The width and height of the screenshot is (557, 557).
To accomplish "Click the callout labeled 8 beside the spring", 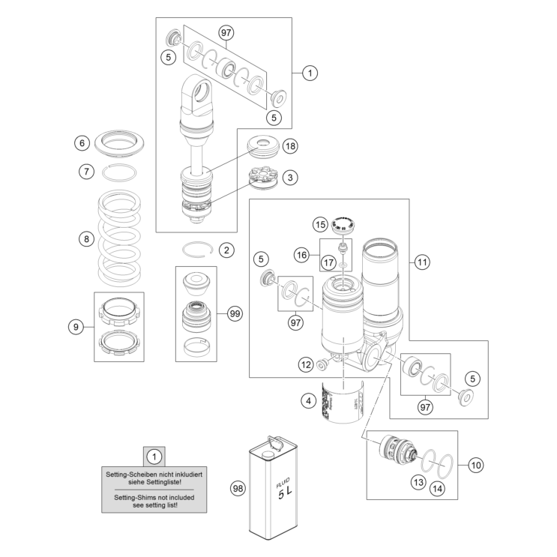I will click(86, 240).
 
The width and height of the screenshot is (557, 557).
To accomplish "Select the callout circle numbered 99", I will click(235, 315).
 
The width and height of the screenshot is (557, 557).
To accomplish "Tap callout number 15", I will click(321, 223).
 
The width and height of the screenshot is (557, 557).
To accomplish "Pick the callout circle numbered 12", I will click(305, 364).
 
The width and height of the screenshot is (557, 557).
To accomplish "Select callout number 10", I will click(476, 465).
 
